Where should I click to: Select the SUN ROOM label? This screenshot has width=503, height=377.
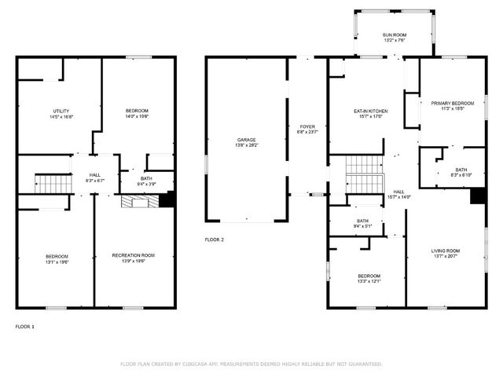tap(395, 35)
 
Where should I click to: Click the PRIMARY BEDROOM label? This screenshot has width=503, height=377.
tap(452, 103)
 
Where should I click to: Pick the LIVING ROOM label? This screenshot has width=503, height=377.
tap(445, 251)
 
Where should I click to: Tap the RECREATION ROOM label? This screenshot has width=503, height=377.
tap(133, 254)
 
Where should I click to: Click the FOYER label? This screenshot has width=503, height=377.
tap(307, 126)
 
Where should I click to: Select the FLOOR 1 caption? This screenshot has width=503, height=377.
tap(25, 326)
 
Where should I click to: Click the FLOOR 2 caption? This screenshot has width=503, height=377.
tap(214, 239)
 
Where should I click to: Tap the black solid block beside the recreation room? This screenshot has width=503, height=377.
tap(166, 200)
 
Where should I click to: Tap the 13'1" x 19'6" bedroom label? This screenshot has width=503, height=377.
tap(56, 260)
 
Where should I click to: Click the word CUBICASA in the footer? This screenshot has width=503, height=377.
tap(200, 364)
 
